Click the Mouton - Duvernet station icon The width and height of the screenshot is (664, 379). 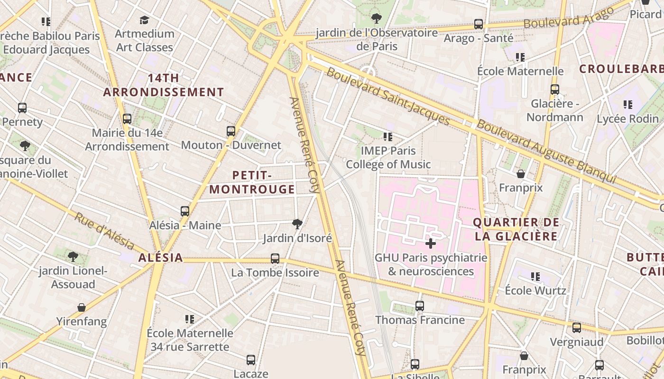(x=231, y=131)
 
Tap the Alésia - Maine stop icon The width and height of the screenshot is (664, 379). (x=185, y=211)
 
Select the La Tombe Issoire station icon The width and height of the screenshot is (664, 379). (x=275, y=259)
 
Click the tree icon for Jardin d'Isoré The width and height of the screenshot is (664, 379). (x=297, y=224)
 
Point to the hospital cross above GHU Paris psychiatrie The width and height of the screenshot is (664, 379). (x=431, y=244)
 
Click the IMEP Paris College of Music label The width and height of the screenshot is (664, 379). (x=388, y=158)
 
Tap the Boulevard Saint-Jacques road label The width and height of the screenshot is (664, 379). (x=388, y=97)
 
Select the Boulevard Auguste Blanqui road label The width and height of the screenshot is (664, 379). (x=545, y=151)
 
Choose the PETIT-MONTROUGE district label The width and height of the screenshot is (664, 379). (x=252, y=182)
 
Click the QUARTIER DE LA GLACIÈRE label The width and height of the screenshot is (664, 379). (x=516, y=229)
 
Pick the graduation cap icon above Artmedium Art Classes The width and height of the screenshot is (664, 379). (x=145, y=20)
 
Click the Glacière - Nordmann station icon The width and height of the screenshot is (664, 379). (x=555, y=89)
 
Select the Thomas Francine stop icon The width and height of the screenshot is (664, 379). (x=420, y=306)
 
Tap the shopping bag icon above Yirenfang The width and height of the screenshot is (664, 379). (x=82, y=307)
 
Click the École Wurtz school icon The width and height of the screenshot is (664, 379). (x=535, y=276)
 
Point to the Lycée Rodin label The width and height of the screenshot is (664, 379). (x=628, y=119)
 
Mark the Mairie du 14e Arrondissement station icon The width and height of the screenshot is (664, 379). (x=127, y=119)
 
